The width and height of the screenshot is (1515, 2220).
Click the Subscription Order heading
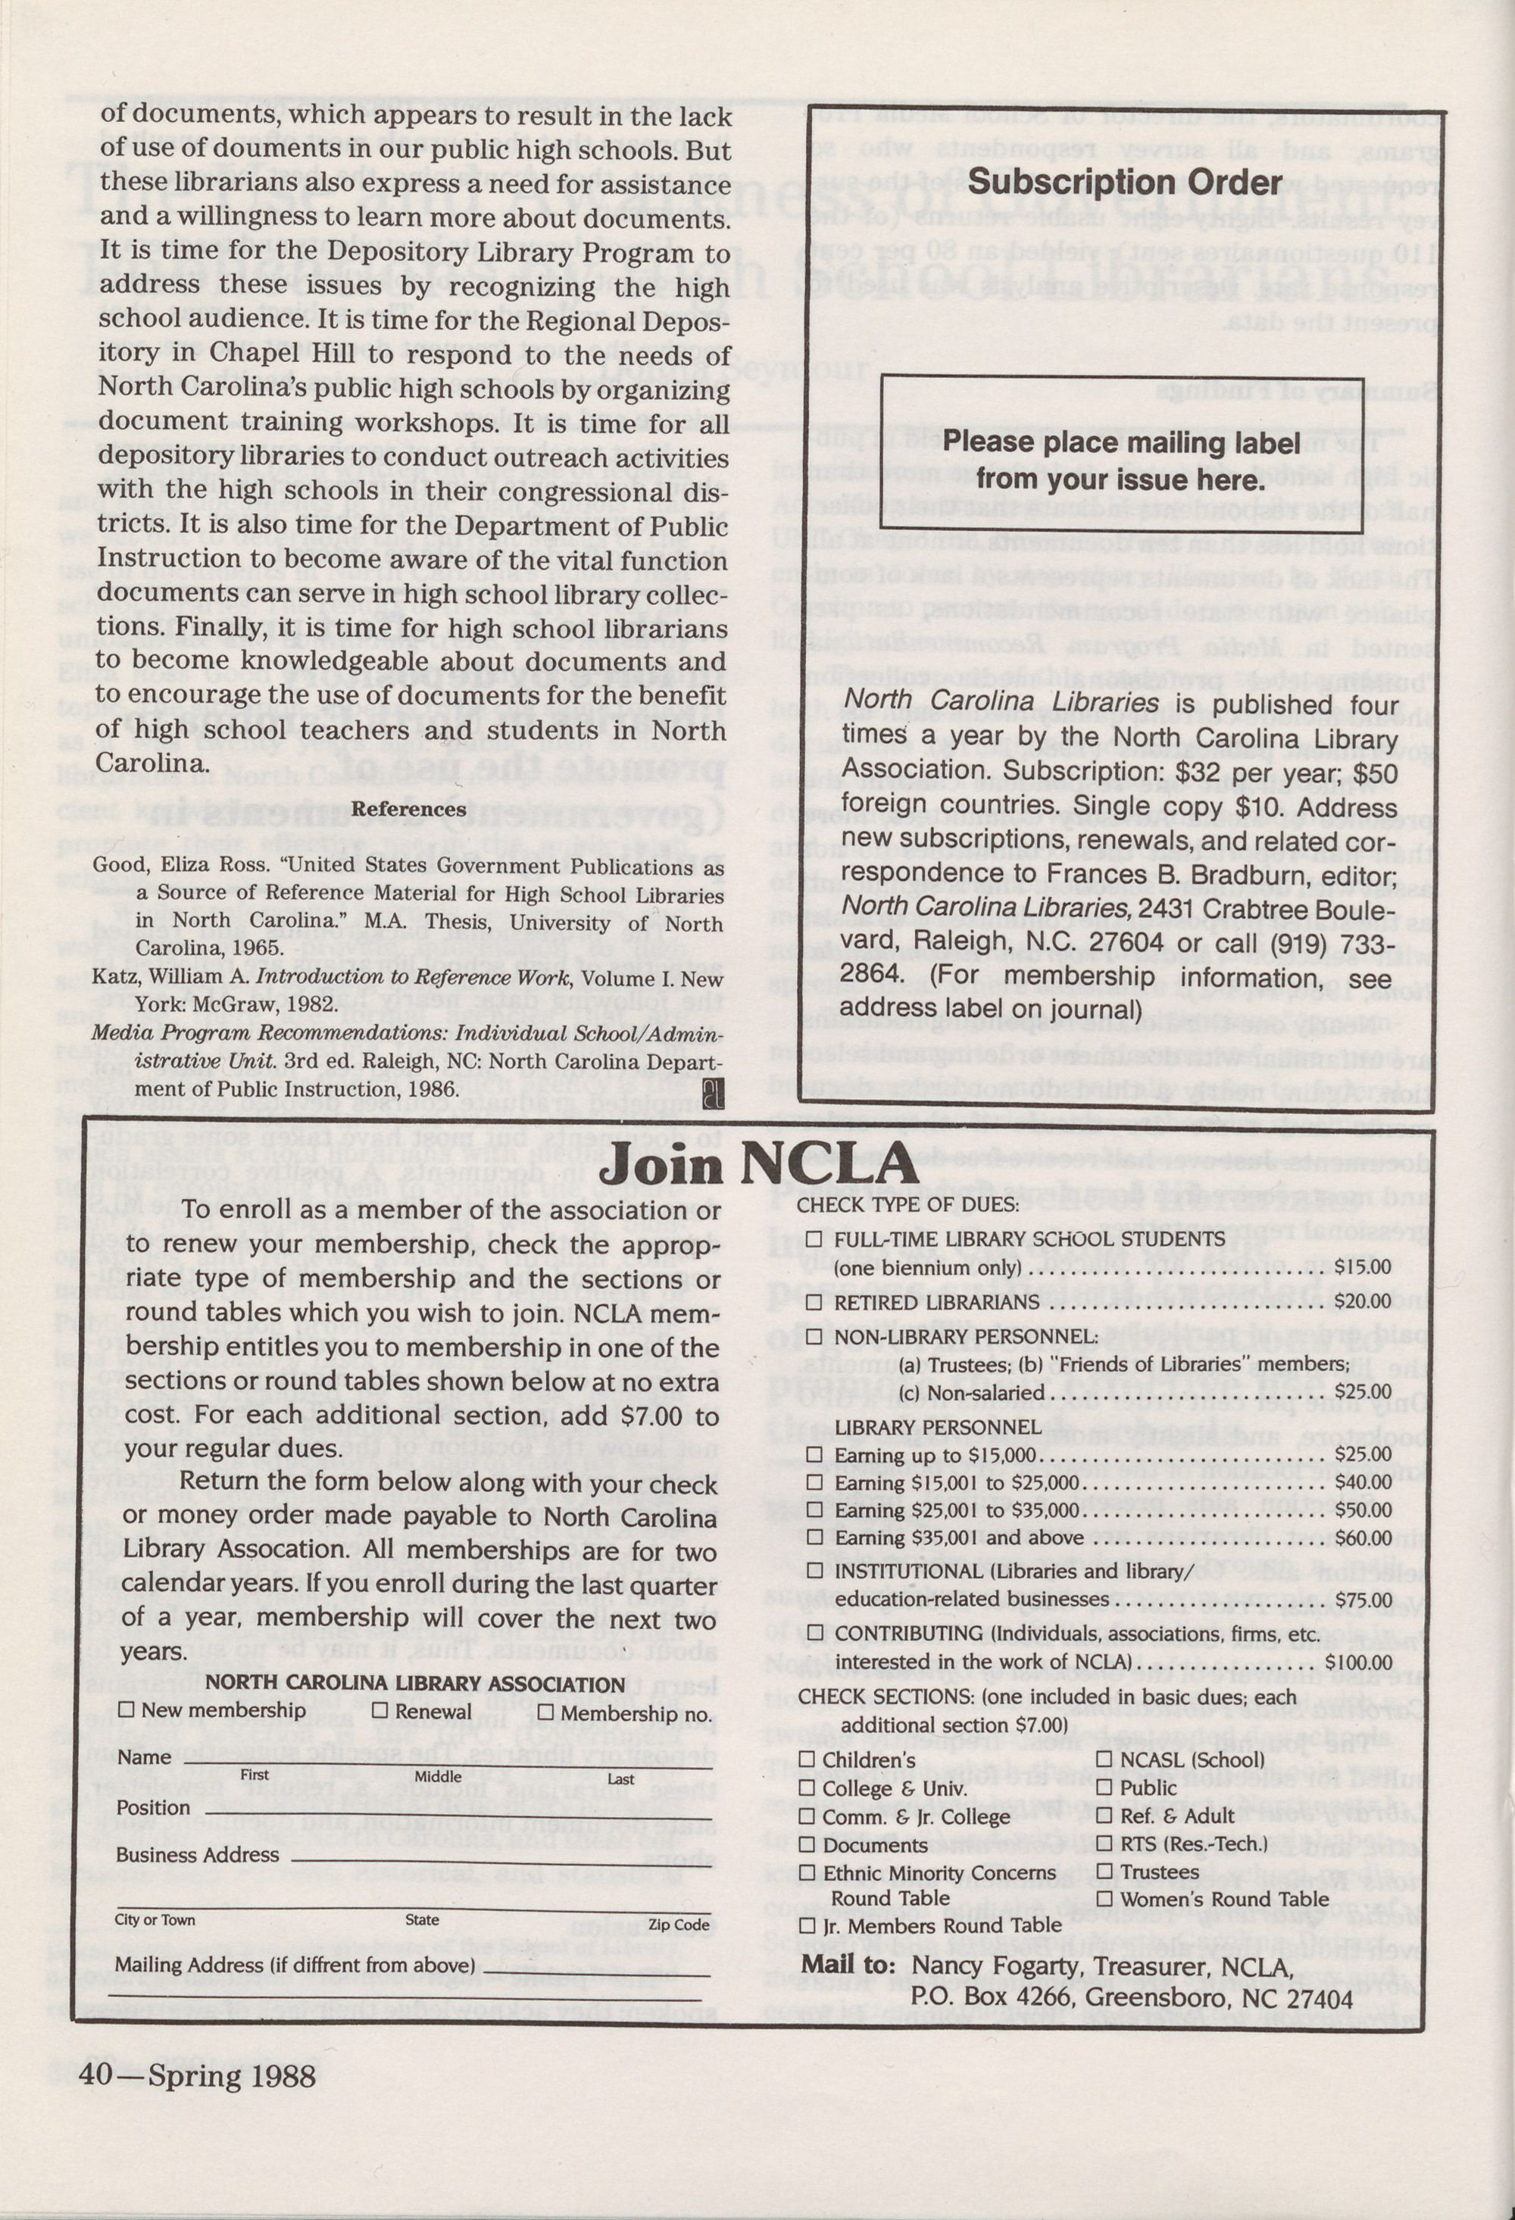(1124, 183)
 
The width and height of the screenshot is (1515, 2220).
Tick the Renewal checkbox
(380, 1710)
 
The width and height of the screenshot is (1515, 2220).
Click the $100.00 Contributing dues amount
(1357, 1662)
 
